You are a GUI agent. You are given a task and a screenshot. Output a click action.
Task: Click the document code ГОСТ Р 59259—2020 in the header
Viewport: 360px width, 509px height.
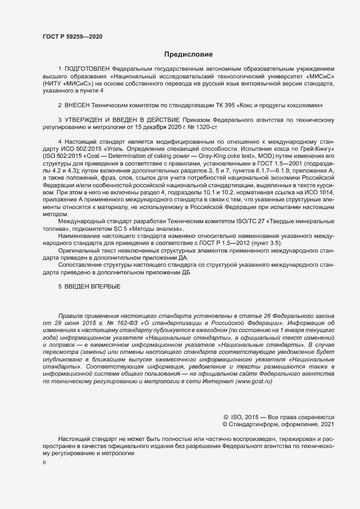tap(72, 36)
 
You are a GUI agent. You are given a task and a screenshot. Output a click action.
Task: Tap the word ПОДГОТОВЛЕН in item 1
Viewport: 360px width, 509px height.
tap(87, 70)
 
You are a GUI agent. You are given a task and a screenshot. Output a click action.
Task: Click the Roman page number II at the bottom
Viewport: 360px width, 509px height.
tap(45, 462)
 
